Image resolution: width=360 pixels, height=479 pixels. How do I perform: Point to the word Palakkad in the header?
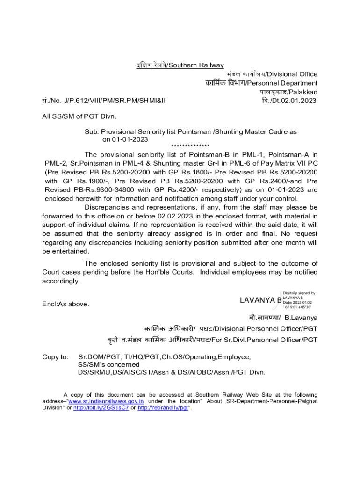pos(303,92)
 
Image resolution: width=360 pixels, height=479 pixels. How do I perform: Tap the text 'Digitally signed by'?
pos(299,293)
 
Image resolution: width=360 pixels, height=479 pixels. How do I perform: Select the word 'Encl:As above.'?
pos(65,304)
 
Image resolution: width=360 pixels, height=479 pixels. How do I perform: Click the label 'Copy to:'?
pos(55,357)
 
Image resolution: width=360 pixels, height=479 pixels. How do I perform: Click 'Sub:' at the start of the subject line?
pos(92,132)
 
